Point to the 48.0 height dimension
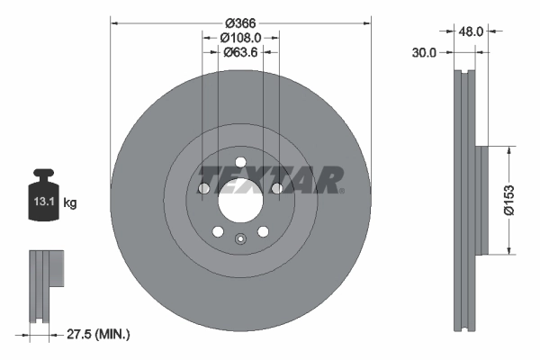coord(472,31)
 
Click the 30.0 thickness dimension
coord(423,52)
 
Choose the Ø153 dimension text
coord(509,199)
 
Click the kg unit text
coord(70,203)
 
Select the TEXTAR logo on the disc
coord(270,178)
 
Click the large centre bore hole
coord(239,199)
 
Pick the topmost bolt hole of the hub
coord(239,161)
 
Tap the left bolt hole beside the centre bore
coord(203,188)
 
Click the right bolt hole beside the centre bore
coord(276,188)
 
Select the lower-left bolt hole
coord(217,231)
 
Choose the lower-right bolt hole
coord(263,231)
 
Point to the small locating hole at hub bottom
coord(239,238)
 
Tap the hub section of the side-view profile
coord(481,200)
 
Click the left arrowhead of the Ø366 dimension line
coord(114,22)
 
